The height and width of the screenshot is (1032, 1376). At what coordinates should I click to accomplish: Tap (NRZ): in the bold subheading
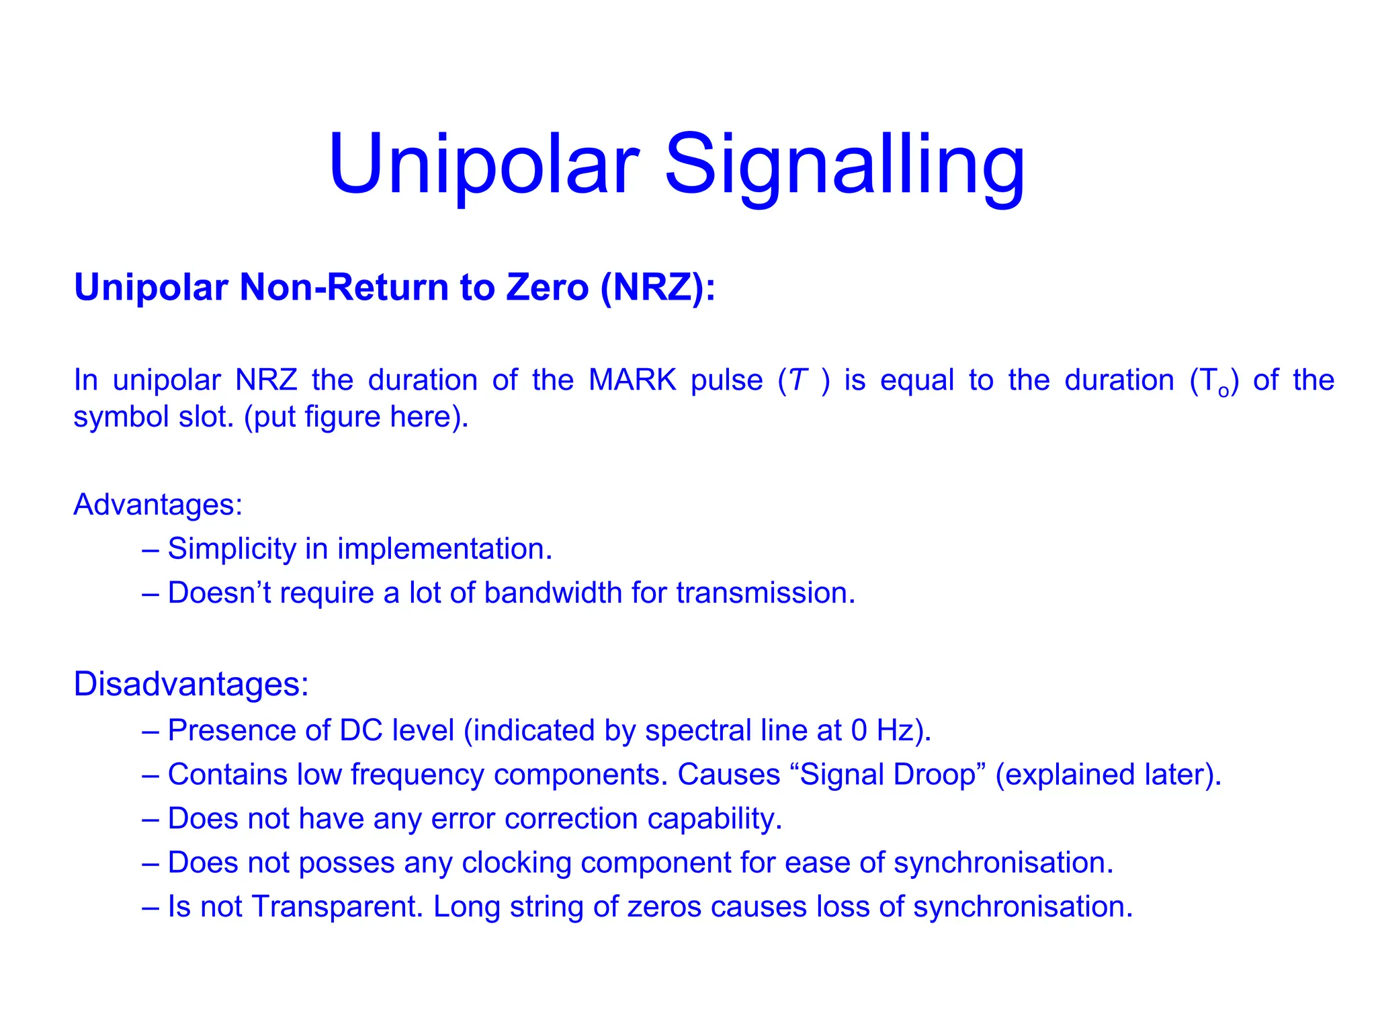pyautogui.click(x=658, y=287)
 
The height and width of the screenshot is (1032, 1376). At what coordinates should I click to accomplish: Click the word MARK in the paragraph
pyautogui.click(x=632, y=380)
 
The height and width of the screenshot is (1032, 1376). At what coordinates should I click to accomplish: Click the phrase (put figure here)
pyautogui.click(x=356, y=417)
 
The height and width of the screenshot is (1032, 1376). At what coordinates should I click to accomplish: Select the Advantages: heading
pyautogui.click(x=158, y=505)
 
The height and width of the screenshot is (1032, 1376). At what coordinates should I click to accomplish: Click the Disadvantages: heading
pyautogui.click(x=191, y=684)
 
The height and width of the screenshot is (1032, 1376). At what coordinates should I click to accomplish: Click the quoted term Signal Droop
pyautogui.click(x=888, y=775)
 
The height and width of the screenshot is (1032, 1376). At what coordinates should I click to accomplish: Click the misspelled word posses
pyautogui.click(x=346, y=863)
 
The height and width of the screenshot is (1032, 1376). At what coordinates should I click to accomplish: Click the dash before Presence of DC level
pyautogui.click(x=150, y=730)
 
